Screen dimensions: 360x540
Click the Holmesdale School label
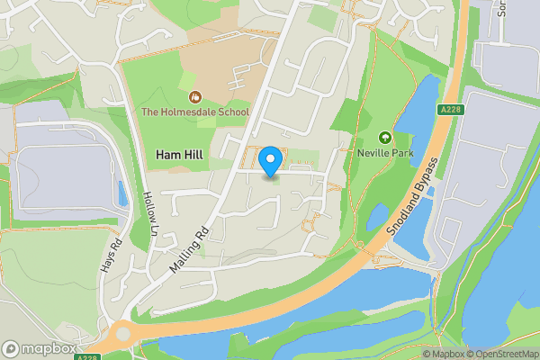pyautogui.click(x=194, y=112)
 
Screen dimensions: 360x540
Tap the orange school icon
pyautogui.click(x=193, y=96)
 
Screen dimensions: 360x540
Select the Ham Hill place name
pyautogui.click(x=179, y=155)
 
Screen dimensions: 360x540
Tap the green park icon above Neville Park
pyautogui.click(x=385, y=138)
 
